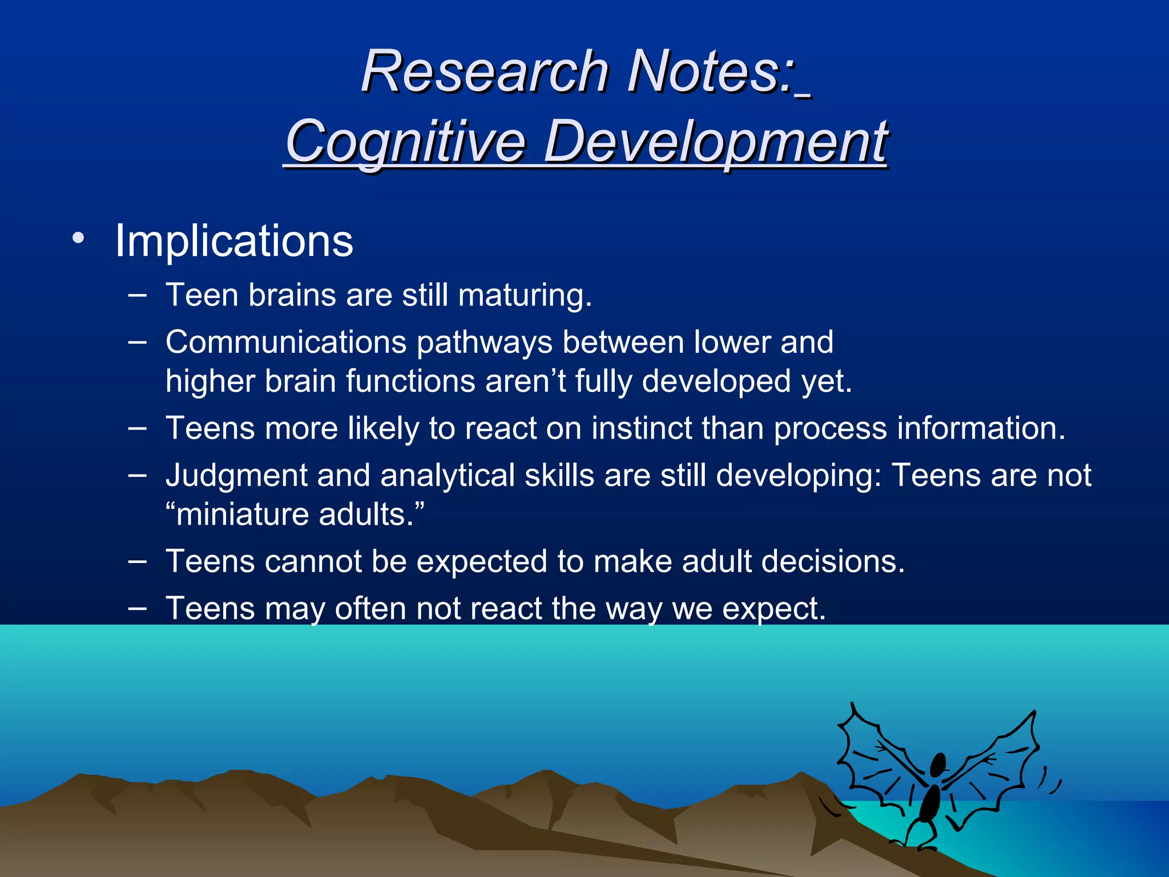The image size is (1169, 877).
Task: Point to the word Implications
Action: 234,241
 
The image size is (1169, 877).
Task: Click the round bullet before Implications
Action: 78,238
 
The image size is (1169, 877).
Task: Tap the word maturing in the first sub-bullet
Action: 525,295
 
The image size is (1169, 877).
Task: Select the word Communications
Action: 286,342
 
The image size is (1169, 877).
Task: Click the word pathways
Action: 485,343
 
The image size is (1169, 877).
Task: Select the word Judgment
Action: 236,476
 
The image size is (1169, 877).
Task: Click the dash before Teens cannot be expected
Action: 137,561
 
